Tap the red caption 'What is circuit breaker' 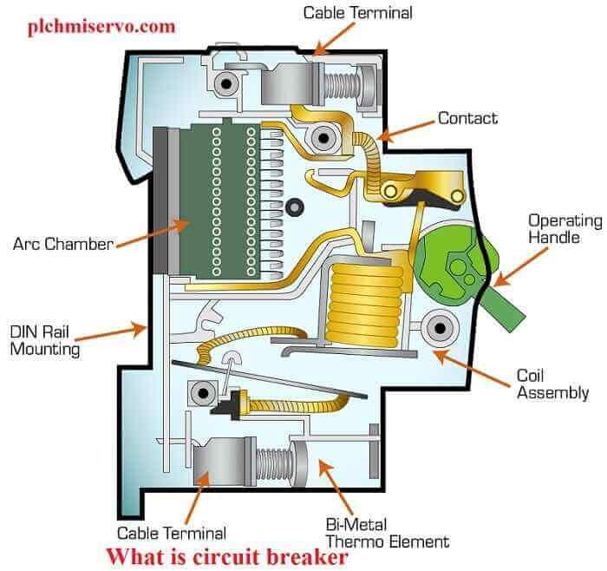coord(226,556)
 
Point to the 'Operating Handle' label coord(565,228)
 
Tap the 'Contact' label coord(467,117)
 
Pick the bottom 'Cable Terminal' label coord(172,533)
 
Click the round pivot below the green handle coord(440,328)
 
